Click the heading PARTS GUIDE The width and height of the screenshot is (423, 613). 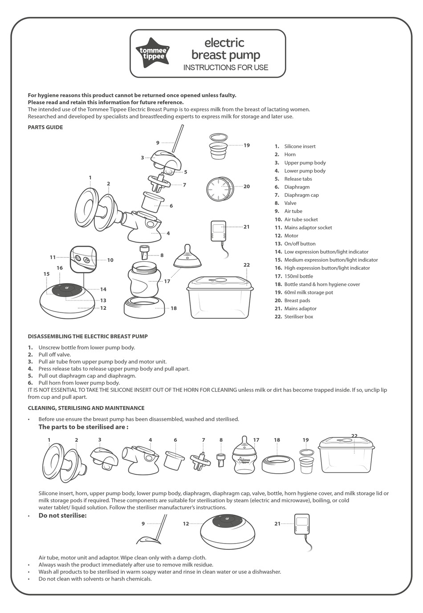45,127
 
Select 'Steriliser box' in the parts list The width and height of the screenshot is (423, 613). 298,317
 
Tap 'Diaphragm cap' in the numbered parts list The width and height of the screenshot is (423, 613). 301,195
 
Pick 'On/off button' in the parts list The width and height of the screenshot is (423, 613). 300,244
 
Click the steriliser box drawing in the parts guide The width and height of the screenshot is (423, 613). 220,297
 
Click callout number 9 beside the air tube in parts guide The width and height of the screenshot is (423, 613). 158,143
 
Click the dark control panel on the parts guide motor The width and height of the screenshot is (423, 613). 66,290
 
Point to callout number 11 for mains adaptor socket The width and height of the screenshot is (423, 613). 53,257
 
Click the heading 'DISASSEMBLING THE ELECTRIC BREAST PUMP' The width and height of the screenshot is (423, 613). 88,336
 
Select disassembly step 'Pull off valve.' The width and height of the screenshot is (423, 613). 54,354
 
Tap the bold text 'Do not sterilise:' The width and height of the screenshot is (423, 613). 62,516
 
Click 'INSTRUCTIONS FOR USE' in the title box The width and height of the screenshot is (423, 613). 226,68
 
